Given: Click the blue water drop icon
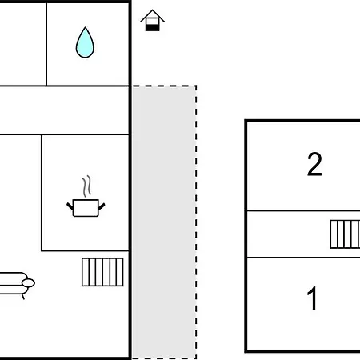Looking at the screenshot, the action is pos(85,44).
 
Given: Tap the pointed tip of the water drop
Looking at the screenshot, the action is pos(85,27).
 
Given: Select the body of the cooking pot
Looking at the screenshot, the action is pos(86,208).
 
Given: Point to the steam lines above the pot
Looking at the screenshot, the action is pos(86,186).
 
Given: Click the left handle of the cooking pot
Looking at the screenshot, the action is pos(70,206).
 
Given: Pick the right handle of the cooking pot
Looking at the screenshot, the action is pos(102,206).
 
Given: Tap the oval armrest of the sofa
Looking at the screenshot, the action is pos(28,283).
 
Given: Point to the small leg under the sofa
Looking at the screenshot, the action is pos(23,297).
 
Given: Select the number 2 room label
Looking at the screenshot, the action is pos(314,164).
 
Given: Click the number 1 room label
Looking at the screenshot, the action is pos(312,298).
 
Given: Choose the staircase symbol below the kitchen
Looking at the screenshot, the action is pos(102,272).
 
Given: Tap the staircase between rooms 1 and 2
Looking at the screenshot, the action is pos(345,234).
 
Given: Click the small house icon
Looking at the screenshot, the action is pos(152,20).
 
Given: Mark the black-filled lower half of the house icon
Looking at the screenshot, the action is pos(152,27).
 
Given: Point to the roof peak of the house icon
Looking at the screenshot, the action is pos(153,10).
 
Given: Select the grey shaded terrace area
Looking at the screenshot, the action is pos(164,222).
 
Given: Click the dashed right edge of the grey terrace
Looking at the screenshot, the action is pos(196,222).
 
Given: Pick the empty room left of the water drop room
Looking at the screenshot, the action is pos(23,44).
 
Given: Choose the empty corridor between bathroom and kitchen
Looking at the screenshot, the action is pos(64,110).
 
